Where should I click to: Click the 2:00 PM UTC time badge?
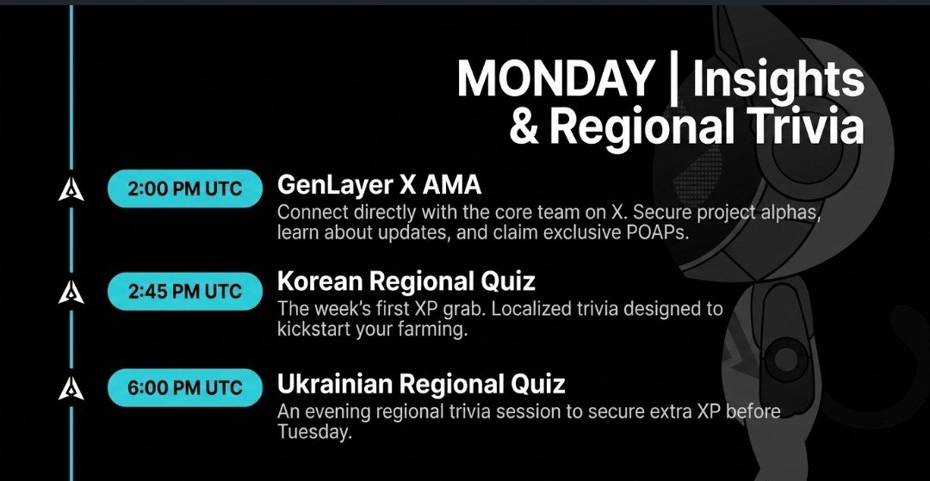coord(185,188)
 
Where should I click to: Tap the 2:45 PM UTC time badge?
coord(185,291)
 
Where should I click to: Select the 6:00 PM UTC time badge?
coord(185,387)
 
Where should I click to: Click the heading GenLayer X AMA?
coord(379,185)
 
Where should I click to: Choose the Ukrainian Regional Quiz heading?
coord(421,385)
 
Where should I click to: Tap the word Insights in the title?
coord(778,82)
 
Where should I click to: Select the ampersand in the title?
coord(524,126)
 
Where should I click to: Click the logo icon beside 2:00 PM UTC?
coord(71,189)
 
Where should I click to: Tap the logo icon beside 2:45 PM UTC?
coord(71,292)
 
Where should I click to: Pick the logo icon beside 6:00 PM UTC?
coord(71,389)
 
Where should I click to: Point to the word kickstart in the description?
coord(313,330)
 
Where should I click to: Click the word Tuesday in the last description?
coord(314,432)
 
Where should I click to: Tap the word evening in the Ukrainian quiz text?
coord(338,411)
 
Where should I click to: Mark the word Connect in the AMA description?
coord(309,212)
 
